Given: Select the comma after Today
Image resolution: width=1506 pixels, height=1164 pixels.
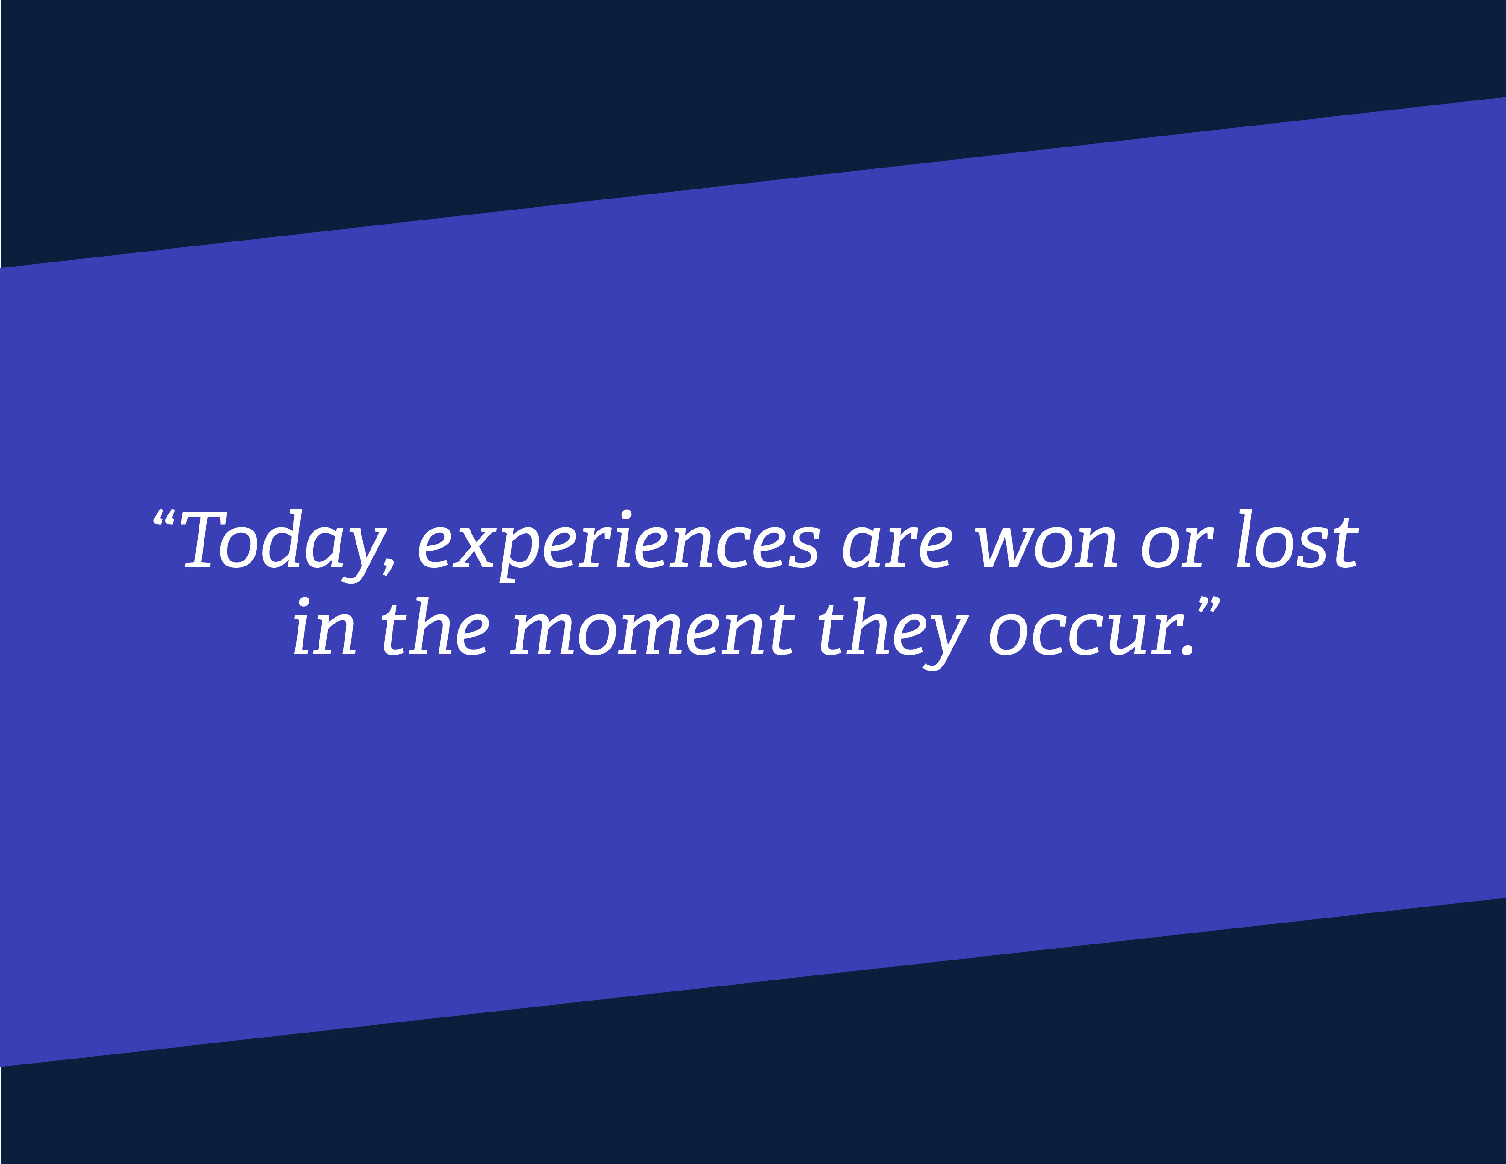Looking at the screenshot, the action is [390, 566].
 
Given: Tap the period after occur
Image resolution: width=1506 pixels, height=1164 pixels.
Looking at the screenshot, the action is [1187, 649].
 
